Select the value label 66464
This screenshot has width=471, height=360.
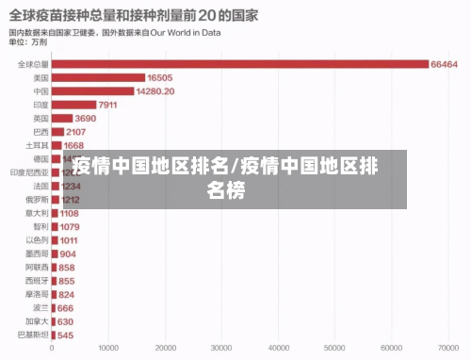coord(444,64)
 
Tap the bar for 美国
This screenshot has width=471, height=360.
coord(100,78)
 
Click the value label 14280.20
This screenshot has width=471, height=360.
coord(156,91)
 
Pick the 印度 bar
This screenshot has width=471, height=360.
coord(74,105)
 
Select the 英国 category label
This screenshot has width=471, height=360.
coord(41,119)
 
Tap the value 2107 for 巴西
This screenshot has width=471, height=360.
coord(76,132)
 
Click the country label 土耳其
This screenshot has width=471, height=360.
coord(38,146)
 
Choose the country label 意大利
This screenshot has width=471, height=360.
coord(38,214)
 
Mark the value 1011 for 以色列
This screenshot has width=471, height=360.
coord(70,240)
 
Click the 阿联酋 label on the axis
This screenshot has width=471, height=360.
coord(38,268)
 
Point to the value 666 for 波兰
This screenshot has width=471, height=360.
coord(65,308)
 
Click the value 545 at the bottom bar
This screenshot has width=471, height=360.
coord(65,335)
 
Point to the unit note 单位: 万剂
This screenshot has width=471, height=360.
coord(28,42)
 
